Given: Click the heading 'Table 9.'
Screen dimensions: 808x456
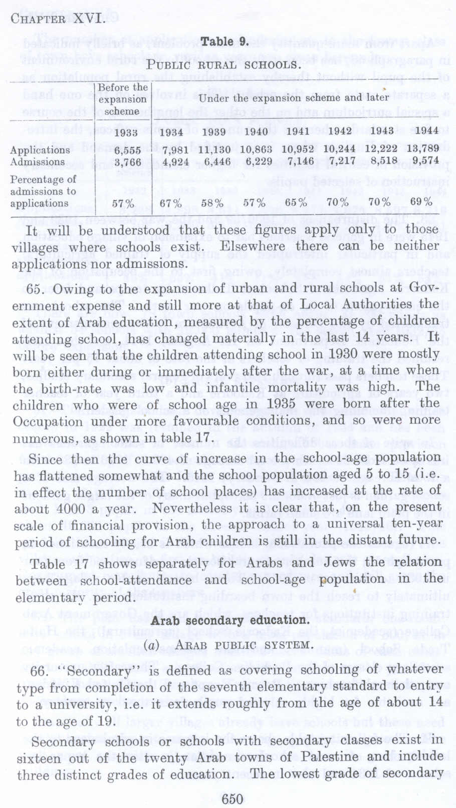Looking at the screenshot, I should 224,42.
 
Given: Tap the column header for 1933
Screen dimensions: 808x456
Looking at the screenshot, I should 126,133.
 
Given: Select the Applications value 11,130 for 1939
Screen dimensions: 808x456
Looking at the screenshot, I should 214,149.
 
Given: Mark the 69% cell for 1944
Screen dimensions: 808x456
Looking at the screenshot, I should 421,202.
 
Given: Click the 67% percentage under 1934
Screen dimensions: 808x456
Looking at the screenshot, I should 171,203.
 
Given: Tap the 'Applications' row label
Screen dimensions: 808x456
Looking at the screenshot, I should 40,150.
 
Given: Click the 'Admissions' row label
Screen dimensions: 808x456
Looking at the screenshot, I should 38,162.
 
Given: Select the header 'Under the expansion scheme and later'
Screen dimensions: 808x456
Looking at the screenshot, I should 294,98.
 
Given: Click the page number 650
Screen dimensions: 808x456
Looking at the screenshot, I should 232,798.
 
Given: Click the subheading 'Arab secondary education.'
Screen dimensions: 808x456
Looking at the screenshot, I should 229,620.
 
